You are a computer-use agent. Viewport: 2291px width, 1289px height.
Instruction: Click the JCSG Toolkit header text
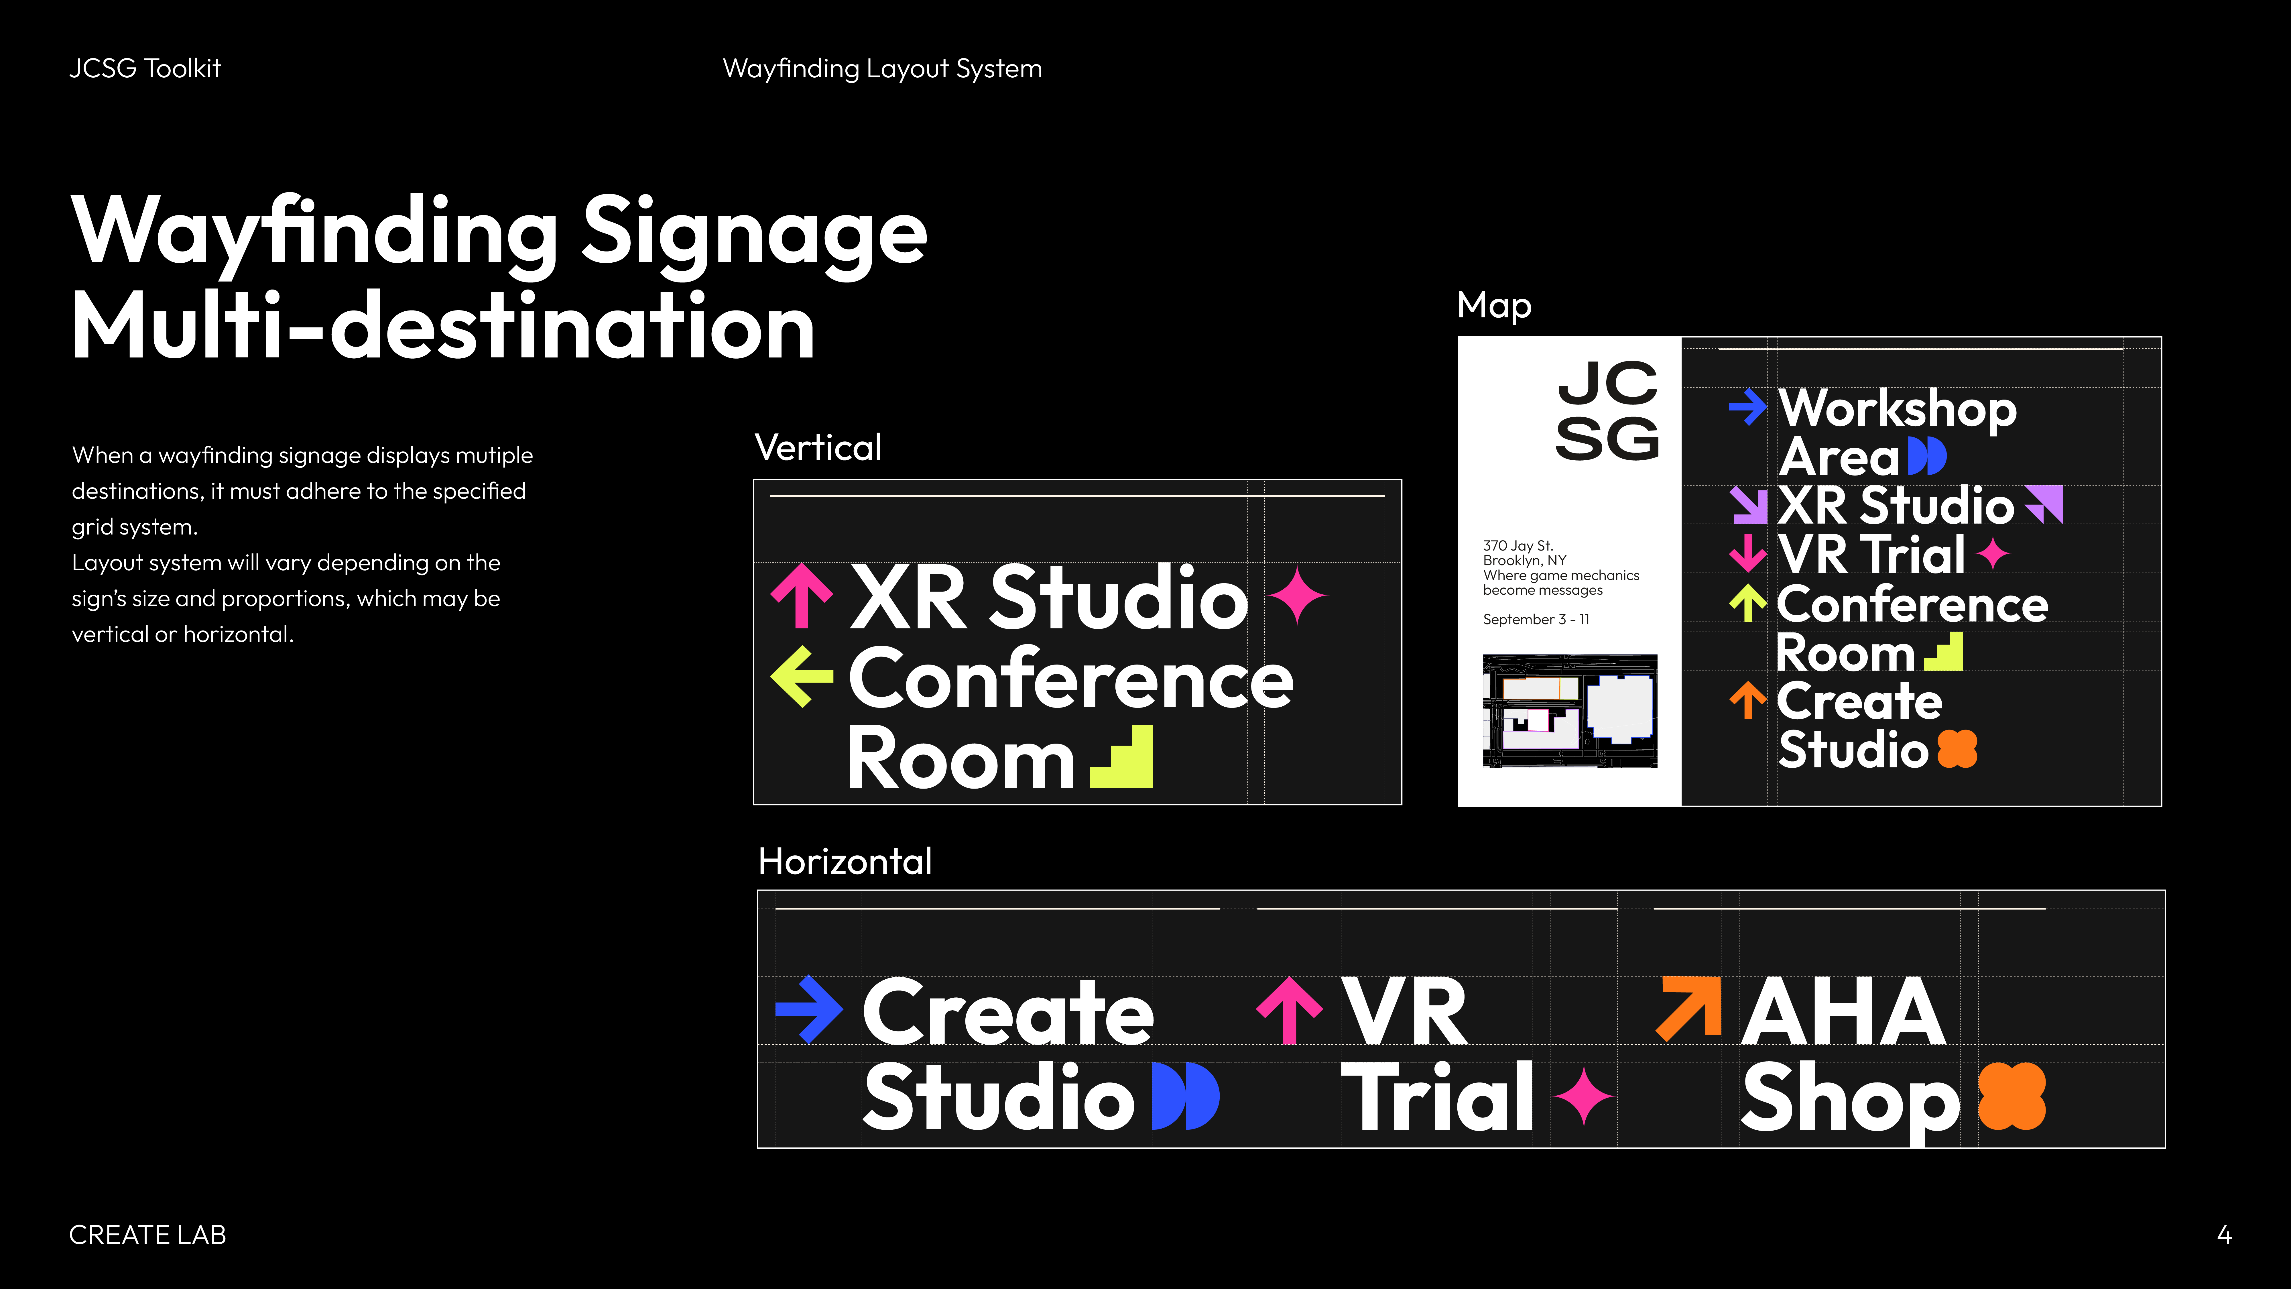click(x=145, y=68)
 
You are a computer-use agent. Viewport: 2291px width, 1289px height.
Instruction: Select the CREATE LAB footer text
click(x=148, y=1235)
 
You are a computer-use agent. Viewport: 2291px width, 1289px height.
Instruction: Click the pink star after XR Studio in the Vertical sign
click(x=1297, y=595)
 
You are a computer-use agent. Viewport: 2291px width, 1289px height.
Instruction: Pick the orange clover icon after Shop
click(x=2012, y=1096)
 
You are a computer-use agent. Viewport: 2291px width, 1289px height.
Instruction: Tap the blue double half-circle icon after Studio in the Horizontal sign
click(x=1186, y=1096)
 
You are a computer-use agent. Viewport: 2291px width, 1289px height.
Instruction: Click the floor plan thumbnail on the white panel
click(x=1570, y=711)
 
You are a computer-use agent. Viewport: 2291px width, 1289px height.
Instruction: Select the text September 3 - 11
click(x=1536, y=619)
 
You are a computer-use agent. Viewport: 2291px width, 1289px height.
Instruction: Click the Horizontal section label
click(x=845, y=861)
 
